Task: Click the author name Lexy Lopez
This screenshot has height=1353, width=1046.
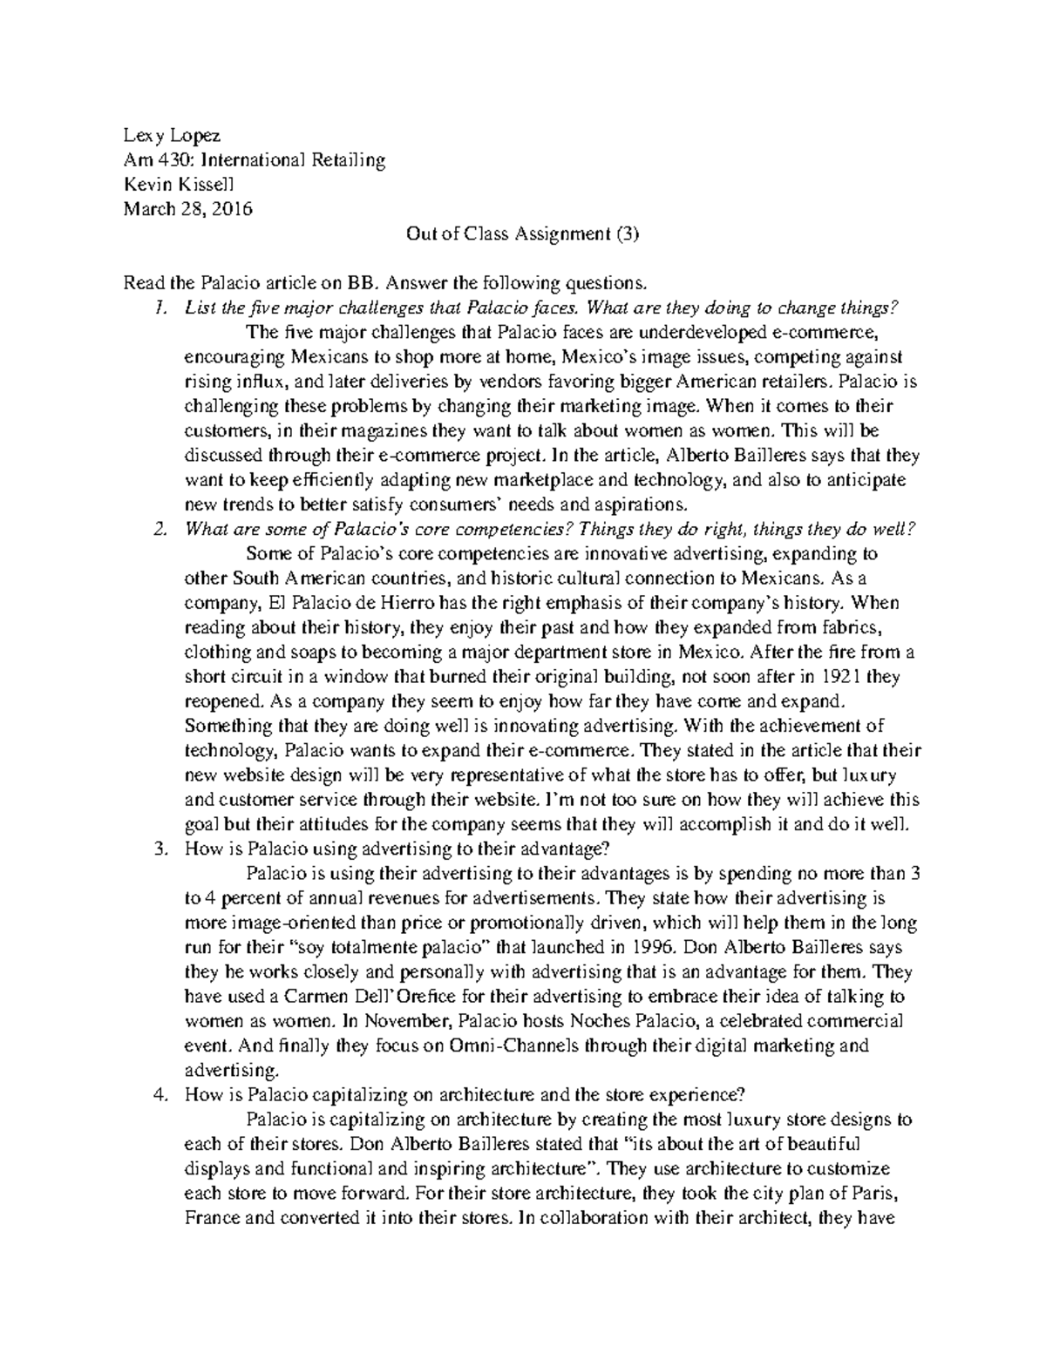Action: coord(172,136)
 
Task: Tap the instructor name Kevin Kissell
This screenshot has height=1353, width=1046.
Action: coord(179,185)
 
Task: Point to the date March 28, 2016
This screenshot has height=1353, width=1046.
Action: coord(187,209)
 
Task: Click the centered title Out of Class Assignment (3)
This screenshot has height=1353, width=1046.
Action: coord(523,233)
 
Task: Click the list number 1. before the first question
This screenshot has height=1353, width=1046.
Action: coord(158,308)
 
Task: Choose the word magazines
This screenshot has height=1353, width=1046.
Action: coord(383,430)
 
